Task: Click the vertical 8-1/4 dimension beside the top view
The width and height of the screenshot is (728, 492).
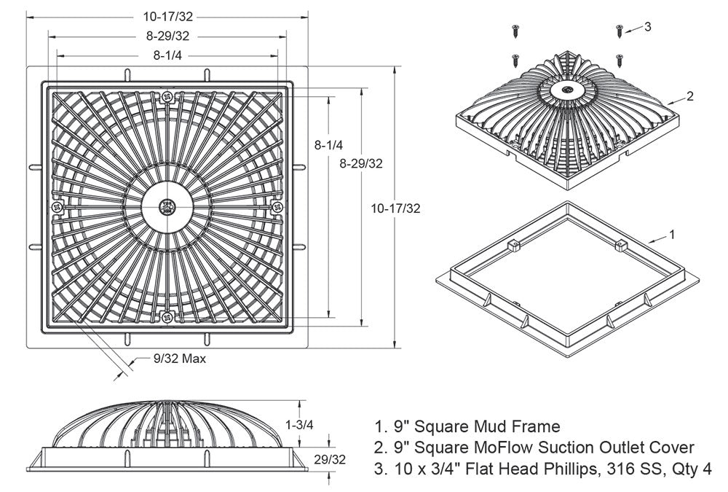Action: coord(328,145)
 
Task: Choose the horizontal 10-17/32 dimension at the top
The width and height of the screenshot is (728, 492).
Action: coord(167,16)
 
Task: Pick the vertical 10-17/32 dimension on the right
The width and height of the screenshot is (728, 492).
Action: coord(395,208)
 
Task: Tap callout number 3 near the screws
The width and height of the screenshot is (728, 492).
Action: coord(647,27)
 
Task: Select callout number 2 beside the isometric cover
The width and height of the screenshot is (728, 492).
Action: coord(690,95)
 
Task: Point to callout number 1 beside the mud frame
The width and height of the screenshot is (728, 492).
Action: coord(673,234)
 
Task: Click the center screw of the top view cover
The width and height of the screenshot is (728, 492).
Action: coord(167,207)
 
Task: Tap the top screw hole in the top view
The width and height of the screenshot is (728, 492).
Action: coord(167,97)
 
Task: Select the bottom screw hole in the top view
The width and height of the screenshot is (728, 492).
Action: coord(167,317)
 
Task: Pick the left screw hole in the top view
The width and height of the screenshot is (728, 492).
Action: coord(58,208)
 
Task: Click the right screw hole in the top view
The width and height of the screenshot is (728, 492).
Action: coord(277,208)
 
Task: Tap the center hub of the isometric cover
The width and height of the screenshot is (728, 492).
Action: coord(566,90)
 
